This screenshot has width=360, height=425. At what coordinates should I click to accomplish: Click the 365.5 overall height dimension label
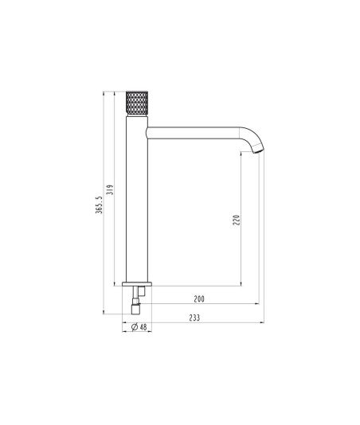click(x=100, y=205)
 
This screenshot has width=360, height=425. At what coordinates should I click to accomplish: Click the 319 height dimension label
click(x=110, y=189)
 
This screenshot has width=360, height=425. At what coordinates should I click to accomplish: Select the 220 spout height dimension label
click(x=237, y=220)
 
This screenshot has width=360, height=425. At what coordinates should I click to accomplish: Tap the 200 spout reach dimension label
click(x=199, y=299)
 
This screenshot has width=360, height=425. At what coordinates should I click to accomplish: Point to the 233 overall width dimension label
click(x=194, y=318)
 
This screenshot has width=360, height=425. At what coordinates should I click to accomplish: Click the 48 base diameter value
click(x=143, y=327)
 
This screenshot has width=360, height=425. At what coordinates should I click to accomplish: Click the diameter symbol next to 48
click(x=135, y=327)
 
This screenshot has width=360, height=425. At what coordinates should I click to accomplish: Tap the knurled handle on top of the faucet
click(x=137, y=103)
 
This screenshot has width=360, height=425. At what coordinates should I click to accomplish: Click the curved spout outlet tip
click(x=258, y=150)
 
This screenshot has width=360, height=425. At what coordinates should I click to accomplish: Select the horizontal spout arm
click(x=194, y=133)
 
